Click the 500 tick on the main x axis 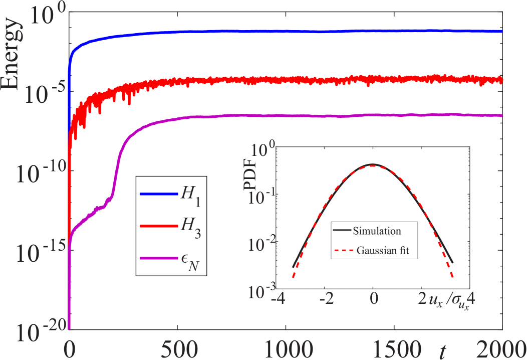(x=178, y=347)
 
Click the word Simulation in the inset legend (x=377, y=231)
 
